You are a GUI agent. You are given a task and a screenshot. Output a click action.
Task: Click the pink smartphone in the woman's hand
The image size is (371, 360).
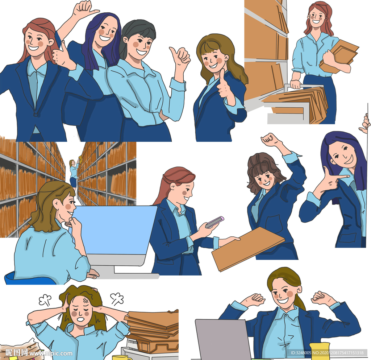[x=214, y=222]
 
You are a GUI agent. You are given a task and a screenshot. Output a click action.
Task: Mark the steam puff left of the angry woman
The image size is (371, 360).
[x=45, y=300]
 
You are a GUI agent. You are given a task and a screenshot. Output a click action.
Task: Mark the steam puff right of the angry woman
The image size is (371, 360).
[x=117, y=299]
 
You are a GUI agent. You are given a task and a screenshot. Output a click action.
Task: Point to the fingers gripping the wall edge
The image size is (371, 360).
[x=365, y=123]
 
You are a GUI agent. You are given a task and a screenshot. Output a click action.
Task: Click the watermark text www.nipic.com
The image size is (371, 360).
[x=51, y=353]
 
